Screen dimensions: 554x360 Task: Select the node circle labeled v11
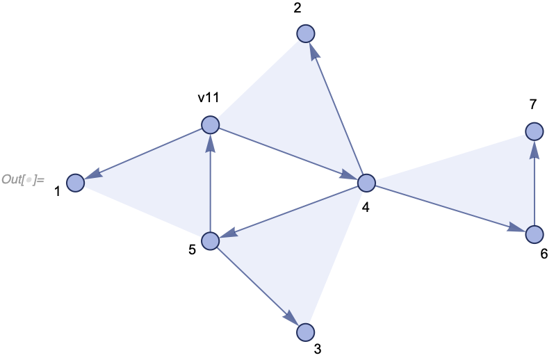tap(211, 125)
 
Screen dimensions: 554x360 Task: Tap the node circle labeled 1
tap(76, 183)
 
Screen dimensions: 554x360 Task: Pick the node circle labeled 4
tap(366, 183)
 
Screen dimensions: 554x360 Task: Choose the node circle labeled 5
tap(211, 240)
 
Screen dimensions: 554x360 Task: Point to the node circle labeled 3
tap(306, 333)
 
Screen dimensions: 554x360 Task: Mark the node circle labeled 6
tap(534, 235)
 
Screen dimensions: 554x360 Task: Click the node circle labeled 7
tap(534, 131)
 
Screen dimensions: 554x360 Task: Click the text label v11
tap(209, 98)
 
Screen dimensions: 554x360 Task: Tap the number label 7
tap(532, 105)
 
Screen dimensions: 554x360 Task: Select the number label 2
tap(297, 8)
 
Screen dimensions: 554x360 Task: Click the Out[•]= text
tap(22, 180)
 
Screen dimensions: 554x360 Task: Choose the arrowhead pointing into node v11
tap(211, 142)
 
